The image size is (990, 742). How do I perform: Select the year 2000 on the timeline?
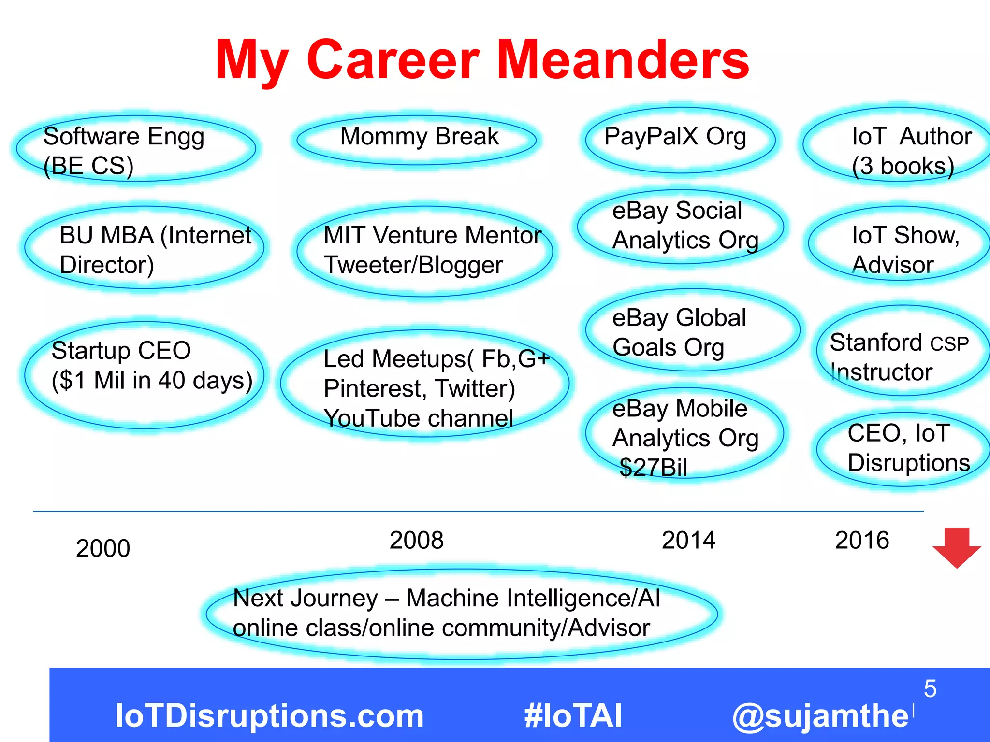(x=103, y=548)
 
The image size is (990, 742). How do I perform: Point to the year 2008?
(x=416, y=540)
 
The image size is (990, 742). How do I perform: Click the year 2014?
(x=688, y=540)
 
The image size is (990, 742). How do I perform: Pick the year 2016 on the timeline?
(x=862, y=540)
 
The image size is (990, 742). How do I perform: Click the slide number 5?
(x=930, y=688)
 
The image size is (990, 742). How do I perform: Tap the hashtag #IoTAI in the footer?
(x=573, y=715)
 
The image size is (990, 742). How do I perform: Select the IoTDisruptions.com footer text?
(x=269, y=715)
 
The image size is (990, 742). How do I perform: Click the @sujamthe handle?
(x=820, y=715)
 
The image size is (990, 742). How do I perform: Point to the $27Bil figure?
(x=653, y=468)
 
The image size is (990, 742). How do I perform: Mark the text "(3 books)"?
(x=903, y=166)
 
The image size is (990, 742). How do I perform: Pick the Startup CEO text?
(x=121, y=351)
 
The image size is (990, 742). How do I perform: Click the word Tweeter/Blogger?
(x=413, y=265)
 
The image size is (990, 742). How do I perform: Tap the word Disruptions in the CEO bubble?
(x=909, y=463)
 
